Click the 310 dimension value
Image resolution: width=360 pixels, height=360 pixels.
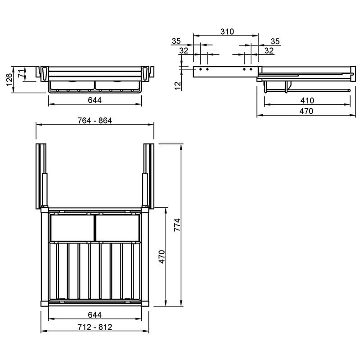(x=227, y=31)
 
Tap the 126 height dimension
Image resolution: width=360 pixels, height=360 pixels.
(x=9, y=80)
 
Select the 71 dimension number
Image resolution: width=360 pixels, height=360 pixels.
(x=21, y=73)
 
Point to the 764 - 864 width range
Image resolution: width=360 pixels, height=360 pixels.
(x=95, y=121)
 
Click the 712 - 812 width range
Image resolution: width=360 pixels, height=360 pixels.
(x=95, y=327)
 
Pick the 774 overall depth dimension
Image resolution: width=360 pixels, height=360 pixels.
(x=177, y=225)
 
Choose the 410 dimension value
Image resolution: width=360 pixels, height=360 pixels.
(x=307, y=100)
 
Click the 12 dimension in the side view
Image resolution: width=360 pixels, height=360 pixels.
(x=178, y=85)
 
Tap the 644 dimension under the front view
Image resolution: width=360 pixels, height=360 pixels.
(x=95, y=100)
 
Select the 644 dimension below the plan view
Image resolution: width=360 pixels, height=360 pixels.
(x=95, y=315)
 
